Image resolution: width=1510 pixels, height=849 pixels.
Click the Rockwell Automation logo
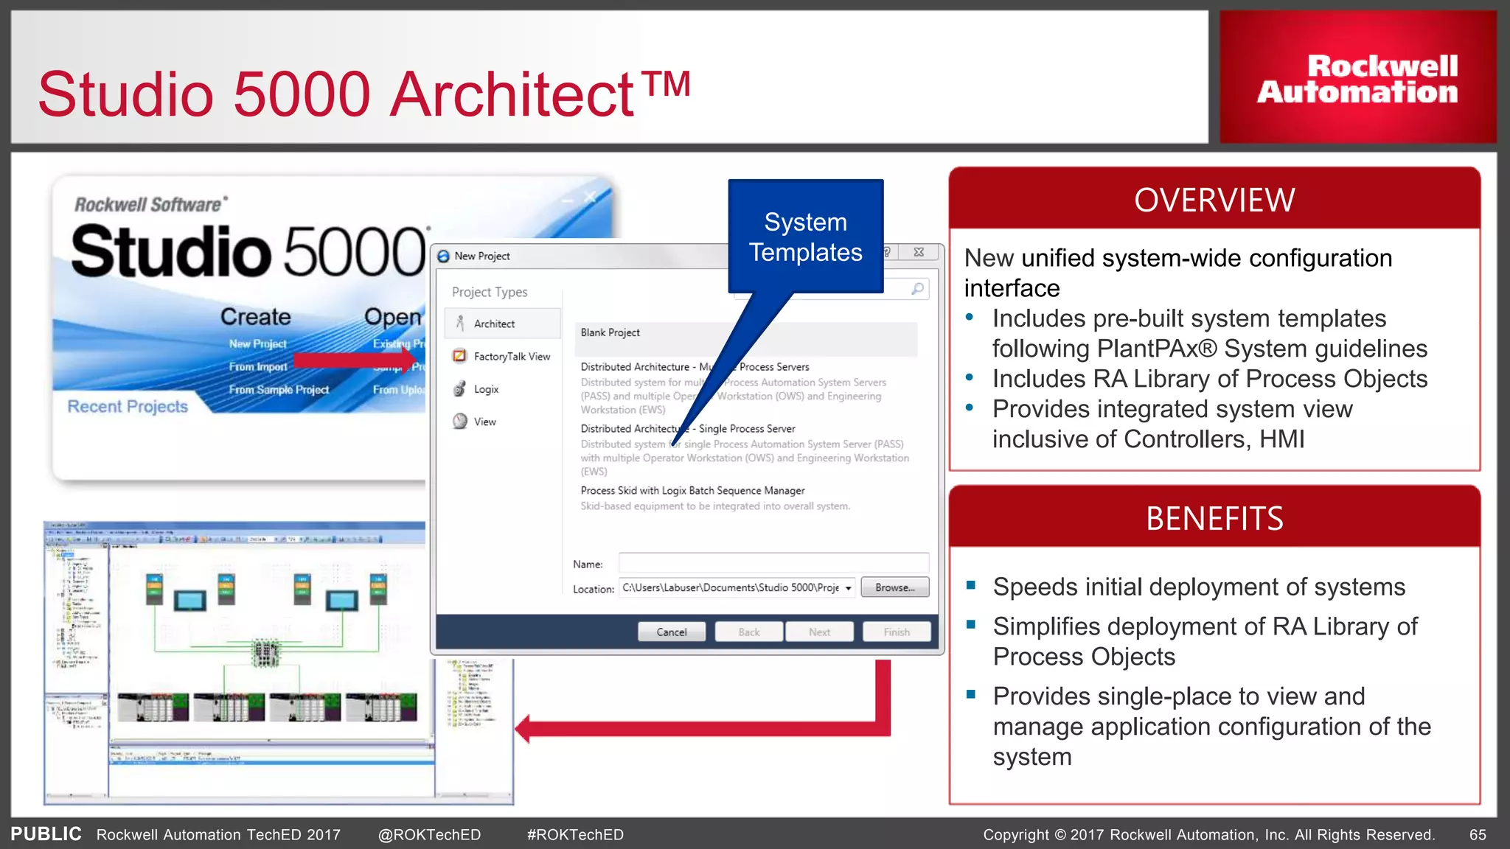point(1357,78)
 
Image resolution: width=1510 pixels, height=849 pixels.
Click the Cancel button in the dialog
point(671,632)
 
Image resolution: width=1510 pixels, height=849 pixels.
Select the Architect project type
point(494,324)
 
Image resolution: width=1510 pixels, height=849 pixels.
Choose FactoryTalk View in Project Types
point(511,356)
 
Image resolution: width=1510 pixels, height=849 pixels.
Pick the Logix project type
point(485,389)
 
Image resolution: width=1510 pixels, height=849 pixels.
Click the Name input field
point(773,564)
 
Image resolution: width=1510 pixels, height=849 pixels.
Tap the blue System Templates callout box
point(805,237)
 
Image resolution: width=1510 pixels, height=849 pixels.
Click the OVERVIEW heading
point(1214,200)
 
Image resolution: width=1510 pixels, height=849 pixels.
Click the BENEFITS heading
point(1214,518)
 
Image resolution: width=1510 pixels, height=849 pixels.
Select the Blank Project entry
point(610,333)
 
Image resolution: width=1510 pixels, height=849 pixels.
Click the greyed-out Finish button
point(896,632)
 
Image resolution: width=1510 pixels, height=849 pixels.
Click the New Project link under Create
point(257,344)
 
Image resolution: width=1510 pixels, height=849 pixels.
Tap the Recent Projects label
point(128,406)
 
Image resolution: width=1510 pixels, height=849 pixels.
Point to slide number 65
point(1477,834)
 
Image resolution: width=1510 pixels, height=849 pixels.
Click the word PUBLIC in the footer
point(46,834)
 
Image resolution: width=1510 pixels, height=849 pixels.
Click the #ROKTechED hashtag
point(575,834)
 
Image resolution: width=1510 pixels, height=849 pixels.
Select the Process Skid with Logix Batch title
point(692,490)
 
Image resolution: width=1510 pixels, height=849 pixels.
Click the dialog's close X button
point(919,252)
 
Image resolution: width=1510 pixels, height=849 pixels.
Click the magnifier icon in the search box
point(917,289)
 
